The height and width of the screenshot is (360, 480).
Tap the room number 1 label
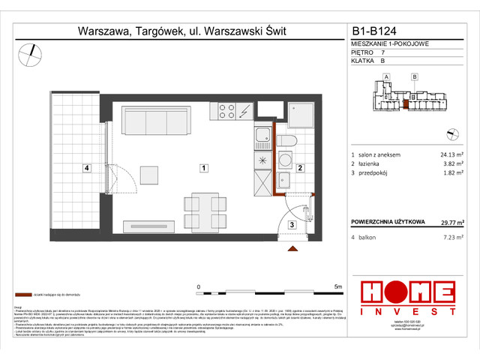pyautogui.click(x=202, y=168)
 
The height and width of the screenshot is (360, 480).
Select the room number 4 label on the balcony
pyautogui.click(x=87, y=168)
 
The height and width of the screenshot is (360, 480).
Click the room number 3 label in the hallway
pyautogui.click(x=294, y=223)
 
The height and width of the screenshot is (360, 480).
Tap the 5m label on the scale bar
pyautogui.click(x=338, y=286)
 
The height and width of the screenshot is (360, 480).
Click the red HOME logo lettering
pyautogui.click(x=407, y=292)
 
